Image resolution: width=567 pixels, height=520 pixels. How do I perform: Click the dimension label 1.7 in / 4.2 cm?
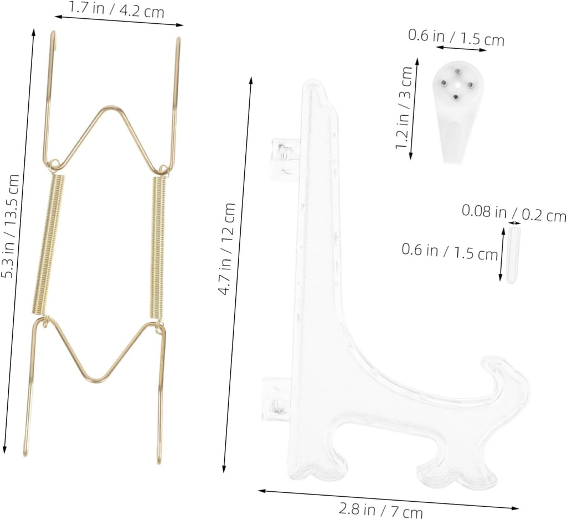116,9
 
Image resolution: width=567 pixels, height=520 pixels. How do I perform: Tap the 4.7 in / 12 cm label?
227,249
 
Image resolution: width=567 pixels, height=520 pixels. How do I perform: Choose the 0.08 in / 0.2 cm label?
514,213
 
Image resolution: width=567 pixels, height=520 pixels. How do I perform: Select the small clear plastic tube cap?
512,255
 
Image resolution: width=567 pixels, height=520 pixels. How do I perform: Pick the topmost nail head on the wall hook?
458,71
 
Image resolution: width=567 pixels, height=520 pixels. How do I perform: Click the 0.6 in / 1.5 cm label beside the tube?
449,252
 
